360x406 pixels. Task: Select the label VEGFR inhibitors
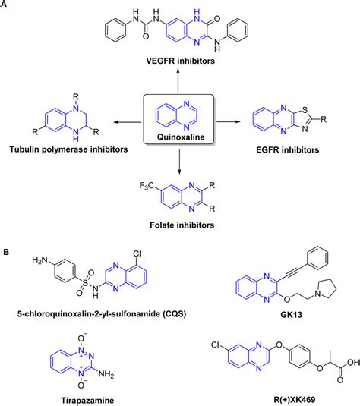[180, 58]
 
